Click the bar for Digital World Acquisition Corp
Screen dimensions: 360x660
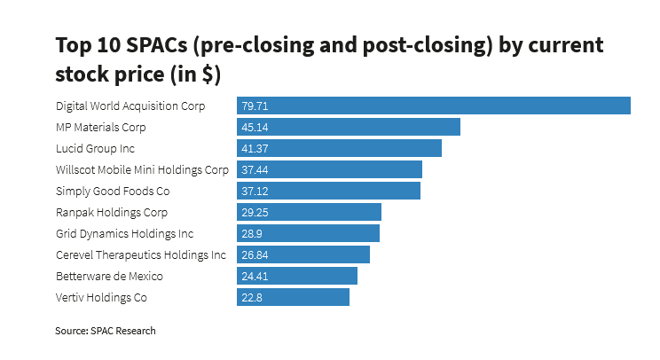[x=434, y=106]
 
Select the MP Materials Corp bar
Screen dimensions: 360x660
[x=349, y=127]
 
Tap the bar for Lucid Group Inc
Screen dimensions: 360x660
[x=339, y=148]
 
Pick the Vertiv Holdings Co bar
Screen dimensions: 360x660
[x=293, y=297]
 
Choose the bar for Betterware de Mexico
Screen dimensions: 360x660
[x=297, y=276]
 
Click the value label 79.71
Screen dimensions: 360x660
[x=255, y=106]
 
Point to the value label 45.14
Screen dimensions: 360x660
[x=255, y=127]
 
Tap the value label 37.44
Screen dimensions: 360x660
[x=255, y=169]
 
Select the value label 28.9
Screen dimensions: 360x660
[x=251, y=233]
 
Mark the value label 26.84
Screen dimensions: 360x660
[x=255, y=254]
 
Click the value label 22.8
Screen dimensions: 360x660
[x=251, y=297]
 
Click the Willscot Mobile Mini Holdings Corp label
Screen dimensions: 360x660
[x=142, y=169]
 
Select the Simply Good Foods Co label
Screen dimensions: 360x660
[x=112, y=191]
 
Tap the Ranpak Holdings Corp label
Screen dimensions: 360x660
[x=111, y=212]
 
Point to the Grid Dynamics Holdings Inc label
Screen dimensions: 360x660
[x=124, y=233]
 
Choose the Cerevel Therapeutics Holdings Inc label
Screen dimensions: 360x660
[x=140, y=254]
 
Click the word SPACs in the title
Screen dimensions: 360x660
[x=147, y=45]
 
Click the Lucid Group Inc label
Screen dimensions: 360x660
[x=95, y=148]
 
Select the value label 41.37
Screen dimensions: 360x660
[x=255, y=148]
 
